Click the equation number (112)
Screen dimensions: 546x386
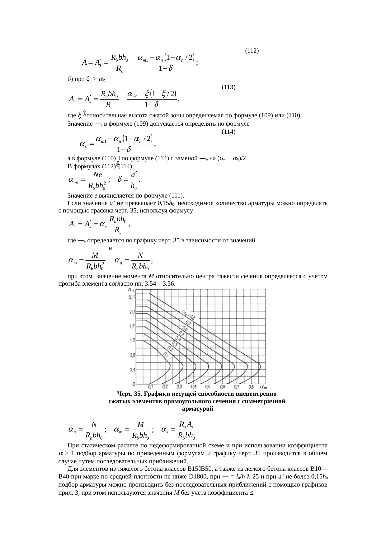pos(252,50)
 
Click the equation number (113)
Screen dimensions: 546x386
pos(228,87)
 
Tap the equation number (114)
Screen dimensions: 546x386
pos(228,132)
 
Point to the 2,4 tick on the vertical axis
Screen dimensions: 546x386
pos(132,297)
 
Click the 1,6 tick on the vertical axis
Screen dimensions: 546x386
pos(132,326)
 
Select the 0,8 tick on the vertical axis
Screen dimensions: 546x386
pos(132,355)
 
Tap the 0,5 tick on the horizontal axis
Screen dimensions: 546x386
pos(208,387)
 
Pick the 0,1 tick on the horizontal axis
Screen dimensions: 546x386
pos(150,387)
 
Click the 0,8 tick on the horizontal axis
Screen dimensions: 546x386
pos(251,387)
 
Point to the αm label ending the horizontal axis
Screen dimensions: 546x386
pos(264,387)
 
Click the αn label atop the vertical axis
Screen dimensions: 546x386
pos(131,290)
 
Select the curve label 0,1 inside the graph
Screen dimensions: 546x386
pos(166,354)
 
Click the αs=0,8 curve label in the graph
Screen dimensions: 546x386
pos(188,315)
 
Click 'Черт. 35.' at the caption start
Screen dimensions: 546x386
pos(128,394)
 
